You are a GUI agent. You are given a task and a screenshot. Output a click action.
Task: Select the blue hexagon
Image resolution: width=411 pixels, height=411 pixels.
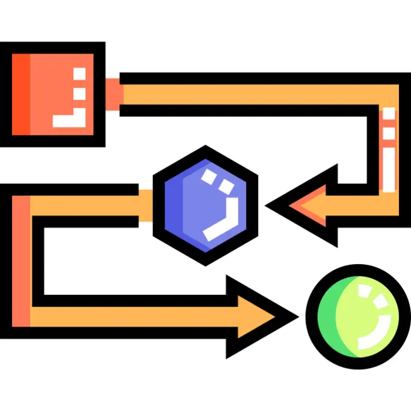(205, 205)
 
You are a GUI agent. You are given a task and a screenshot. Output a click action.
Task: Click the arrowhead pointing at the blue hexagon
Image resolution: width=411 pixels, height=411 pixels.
(305, 205)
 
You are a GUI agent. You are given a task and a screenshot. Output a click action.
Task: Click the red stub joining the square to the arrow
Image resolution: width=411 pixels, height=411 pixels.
(114, 94)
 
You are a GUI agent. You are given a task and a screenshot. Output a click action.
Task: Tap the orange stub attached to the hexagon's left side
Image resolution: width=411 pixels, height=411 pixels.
(146, 205)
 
